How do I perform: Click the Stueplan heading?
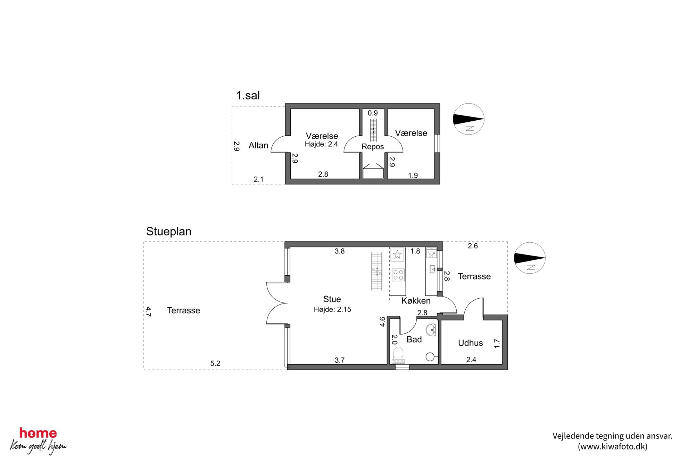click(169, 232)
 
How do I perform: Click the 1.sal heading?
click(248, 95)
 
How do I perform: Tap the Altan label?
click(258, 145)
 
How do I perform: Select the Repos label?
click(373, 147)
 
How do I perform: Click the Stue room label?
click(332, 299)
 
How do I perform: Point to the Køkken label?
click(416, 301)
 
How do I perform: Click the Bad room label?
click(414, 339)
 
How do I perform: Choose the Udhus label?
click(471, 343)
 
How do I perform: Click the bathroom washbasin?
click(431, 330)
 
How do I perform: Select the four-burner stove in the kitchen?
click(398, 275)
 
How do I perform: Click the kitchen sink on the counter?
click(432, 269)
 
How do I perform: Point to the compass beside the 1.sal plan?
click(468, 119)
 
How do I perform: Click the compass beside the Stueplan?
click(530, 258)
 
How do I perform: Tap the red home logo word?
click(38, 433)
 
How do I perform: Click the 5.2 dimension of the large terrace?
click(215, 363)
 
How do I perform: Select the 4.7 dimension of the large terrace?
click(148, 312)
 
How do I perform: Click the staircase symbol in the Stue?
click(377, 272)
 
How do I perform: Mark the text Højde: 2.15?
click(332, 309)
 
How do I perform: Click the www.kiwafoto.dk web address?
click(613, 446)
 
